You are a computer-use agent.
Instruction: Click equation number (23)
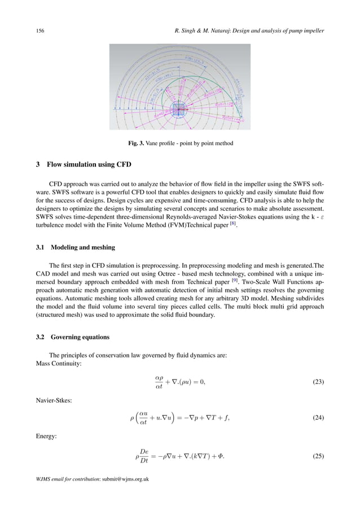pos(318,382)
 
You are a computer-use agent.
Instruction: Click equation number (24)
pos(318,417)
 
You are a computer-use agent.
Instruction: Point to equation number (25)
pos(318,454)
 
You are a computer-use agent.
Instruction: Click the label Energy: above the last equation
pos(45,435)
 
